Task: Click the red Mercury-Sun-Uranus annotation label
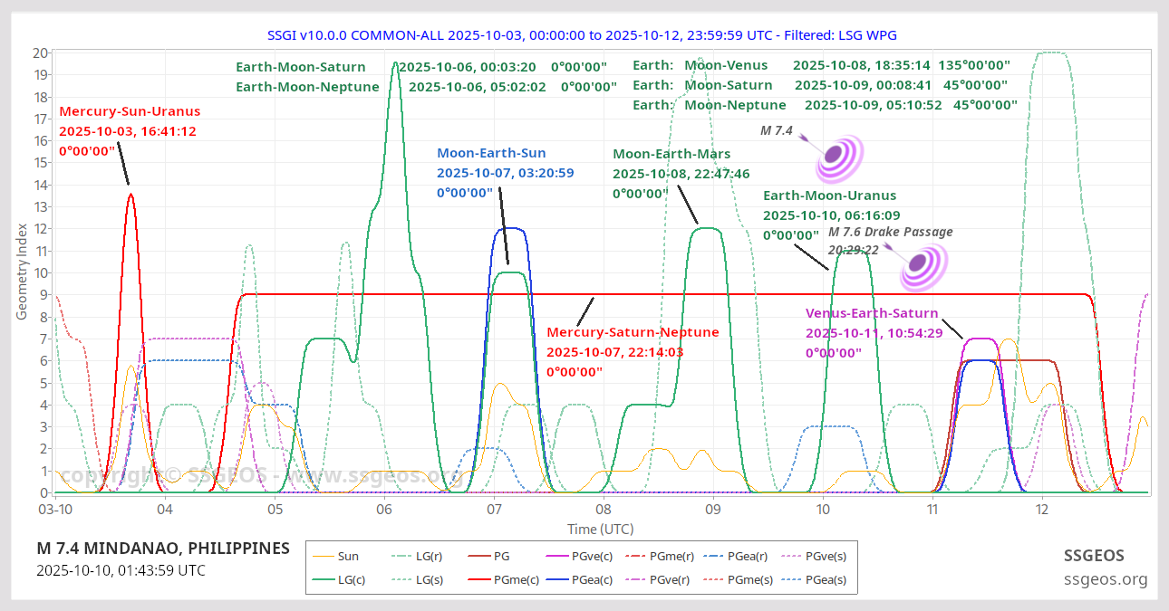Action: (130, 112)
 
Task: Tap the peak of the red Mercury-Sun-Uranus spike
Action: (130, 194)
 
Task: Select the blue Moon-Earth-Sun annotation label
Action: (504, 154)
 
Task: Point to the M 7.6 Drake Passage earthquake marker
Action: (923, 265)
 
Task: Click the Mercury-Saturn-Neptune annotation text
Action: (633, 332)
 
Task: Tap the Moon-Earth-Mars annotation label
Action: (671, 154)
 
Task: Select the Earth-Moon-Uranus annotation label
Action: (829, 196)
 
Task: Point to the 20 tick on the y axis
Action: (40, 53)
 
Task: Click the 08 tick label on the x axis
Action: (603, 510)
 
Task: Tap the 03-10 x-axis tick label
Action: (55, 510)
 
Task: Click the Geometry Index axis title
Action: (23, 272)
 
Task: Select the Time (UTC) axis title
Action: (601, 529)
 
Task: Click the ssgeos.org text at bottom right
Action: (1105, 579)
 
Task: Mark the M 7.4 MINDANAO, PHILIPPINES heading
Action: (163, 549)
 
